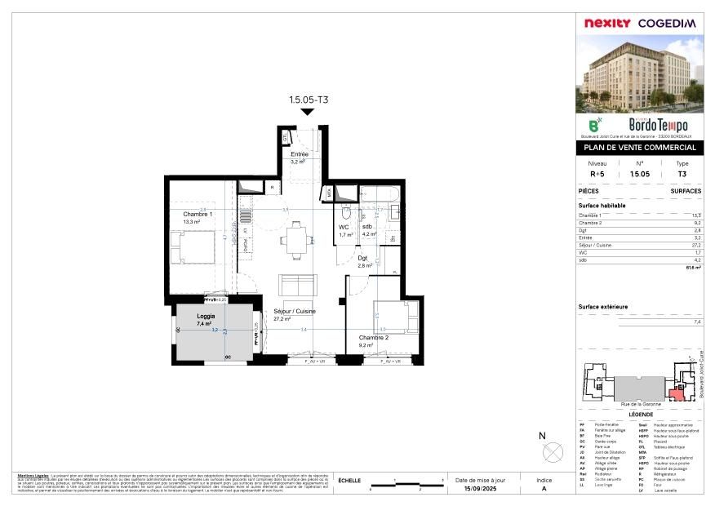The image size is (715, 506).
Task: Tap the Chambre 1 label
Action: pyautogui.click(x=198, y=214)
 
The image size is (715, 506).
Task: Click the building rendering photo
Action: pyautogui.click(x=641, y=74)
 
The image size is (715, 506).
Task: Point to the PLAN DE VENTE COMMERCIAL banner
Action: pyautogui.click(x=641, y=148)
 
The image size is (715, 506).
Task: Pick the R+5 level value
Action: pyautogui.click(x=597, y=174)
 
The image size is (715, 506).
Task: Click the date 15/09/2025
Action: pyautogui.click(x=480, y=488)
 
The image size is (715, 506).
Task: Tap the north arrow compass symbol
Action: pyautogui.click(x=552, y=450)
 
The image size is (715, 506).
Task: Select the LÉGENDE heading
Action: pyautogui.click(x=641, y=415)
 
